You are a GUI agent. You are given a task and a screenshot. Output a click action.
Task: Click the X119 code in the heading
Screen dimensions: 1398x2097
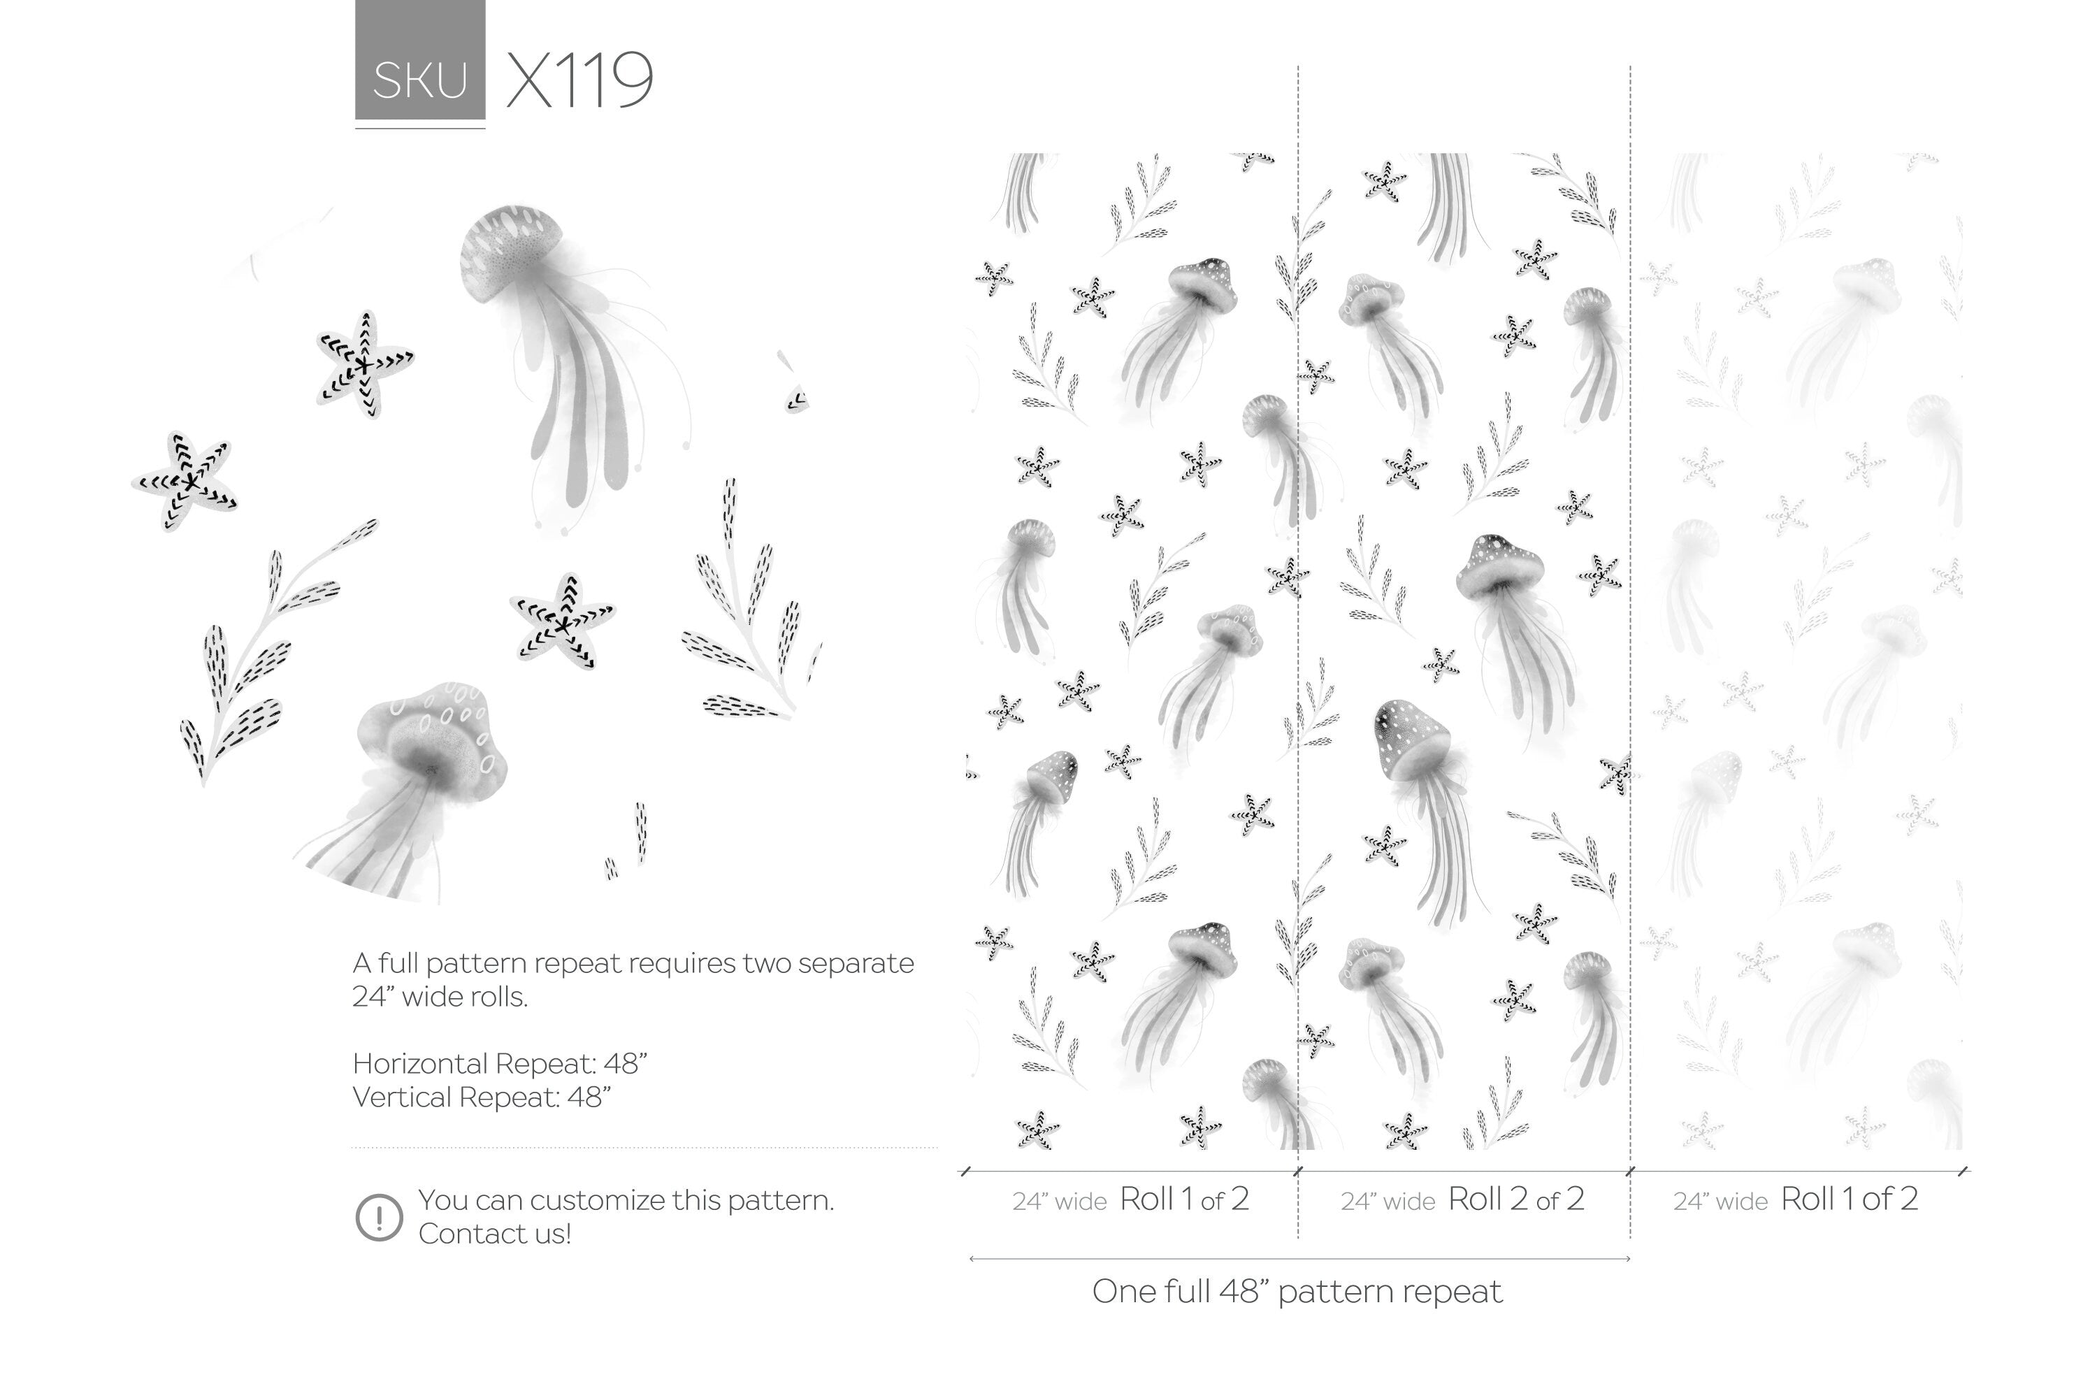click(579, 81)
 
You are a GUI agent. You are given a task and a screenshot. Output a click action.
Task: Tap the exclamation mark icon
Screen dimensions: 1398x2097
click(379, 1217)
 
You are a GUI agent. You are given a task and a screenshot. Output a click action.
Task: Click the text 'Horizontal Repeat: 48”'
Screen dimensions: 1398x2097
click(499, 1064)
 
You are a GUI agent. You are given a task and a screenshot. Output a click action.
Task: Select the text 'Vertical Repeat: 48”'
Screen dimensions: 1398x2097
click(482, 1097)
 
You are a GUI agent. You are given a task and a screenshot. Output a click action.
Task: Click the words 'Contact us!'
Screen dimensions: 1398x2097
click(495, 1234)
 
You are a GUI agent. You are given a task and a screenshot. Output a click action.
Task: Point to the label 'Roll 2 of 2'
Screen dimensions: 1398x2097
click(1515, 1199)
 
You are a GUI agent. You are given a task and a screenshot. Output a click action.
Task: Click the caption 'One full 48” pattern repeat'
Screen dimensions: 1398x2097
click(1297, 1291)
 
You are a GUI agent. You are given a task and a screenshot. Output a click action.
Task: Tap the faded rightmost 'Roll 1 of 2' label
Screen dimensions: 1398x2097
click(1848, 1199)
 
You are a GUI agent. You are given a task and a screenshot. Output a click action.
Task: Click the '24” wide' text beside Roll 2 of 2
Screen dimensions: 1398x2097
click(1388, 1202)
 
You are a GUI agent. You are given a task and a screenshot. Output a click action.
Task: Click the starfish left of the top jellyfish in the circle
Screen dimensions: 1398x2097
click(363, 363)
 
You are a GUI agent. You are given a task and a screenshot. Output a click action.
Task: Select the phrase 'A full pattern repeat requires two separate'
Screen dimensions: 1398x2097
click(633, 964)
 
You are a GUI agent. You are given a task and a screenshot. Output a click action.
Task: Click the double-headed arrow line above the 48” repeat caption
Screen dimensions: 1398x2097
click(1299, 1259)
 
